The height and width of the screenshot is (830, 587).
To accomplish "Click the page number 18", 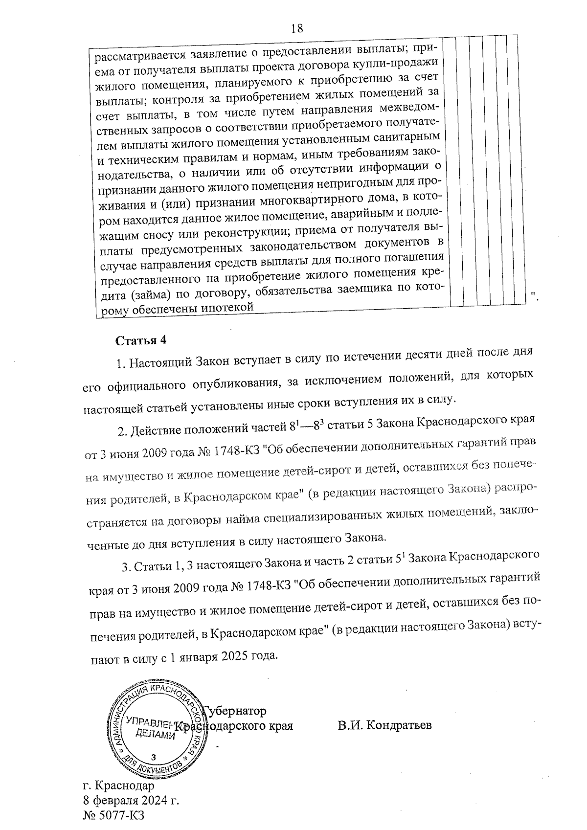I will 297,28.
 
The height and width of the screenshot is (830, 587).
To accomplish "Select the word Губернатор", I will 235,710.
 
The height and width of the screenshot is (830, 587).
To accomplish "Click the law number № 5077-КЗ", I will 114,815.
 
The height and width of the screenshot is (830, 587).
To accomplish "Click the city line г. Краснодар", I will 118,786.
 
